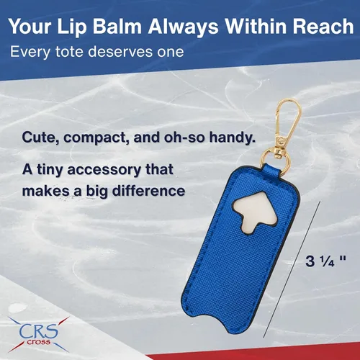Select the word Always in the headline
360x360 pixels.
coord(183,27)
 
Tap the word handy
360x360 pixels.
coord(232,138)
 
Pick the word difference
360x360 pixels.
coord(149,191)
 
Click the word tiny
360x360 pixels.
coord(50,171)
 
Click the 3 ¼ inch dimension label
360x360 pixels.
coord(325,261)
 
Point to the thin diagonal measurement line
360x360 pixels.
coord(292,269)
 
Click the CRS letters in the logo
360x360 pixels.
coord(38,331)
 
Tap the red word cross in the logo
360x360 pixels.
coord(38,342)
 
